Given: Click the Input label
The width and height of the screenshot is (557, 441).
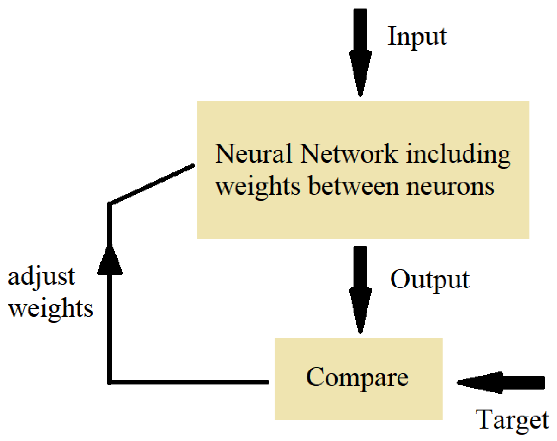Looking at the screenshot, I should pyautogui.click(x=417, y=37).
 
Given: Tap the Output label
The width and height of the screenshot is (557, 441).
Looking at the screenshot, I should pyautogui.click(x=430, y=280).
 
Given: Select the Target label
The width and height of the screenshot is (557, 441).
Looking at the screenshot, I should pyautogui.click(x=512, y=420).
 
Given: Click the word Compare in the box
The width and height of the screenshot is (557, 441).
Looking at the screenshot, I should pyautogui.click(x=357, y=378).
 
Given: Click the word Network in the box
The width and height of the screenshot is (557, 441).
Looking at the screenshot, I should pyautogui.click(x=348, y=154).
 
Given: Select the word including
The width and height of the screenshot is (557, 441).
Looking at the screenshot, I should pyautogui.click(x=458, y=155).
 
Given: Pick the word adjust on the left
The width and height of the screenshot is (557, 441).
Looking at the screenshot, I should pyautogui.click(x=42, y=277).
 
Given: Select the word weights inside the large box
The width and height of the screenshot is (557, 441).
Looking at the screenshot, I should pyautogui.click(x=258, y=187).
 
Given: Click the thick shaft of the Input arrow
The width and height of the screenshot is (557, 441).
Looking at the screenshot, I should pyautogui.click(x=360, y=30).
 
